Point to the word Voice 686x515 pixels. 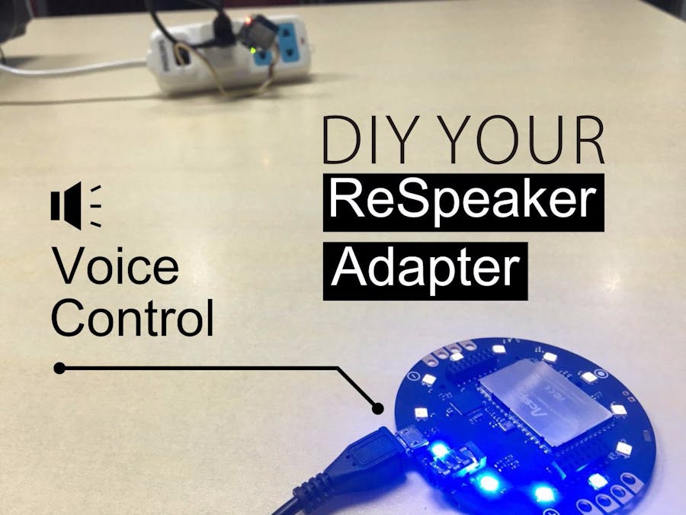point(115,267)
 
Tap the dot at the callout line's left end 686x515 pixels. point(59,369)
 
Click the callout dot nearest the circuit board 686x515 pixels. point(377,408)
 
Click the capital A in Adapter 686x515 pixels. point(353,269)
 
